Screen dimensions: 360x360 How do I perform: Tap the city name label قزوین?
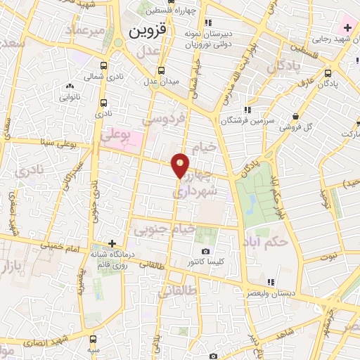tap(147, 32)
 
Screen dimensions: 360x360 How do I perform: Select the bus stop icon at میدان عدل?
tap(161, 70)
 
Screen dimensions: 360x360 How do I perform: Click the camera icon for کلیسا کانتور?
tap(205, 251)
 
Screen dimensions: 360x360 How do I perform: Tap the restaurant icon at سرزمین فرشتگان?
tap(246, 110)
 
